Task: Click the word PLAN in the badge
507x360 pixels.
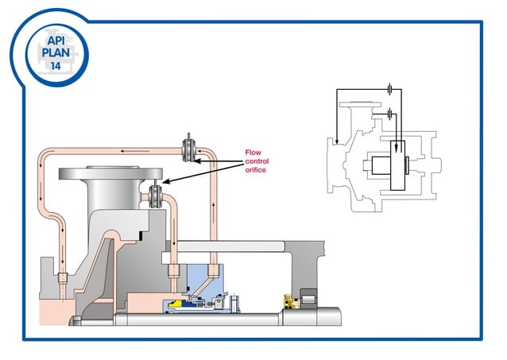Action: click(55, 53)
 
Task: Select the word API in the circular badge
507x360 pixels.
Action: click(55, 40)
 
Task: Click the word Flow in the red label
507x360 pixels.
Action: click(253, 152)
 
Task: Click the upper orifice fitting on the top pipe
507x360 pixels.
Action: click(191, 148)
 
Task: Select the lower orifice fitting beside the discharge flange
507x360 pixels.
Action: click(157, 193)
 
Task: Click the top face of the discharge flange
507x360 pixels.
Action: click(123, 169)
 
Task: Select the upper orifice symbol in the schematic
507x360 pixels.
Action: click(390, 90)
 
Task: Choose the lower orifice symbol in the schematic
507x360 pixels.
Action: click(390, 114)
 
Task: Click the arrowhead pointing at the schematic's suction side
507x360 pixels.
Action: click(337, 142)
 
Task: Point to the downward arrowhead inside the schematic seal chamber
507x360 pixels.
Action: click(398, 145)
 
